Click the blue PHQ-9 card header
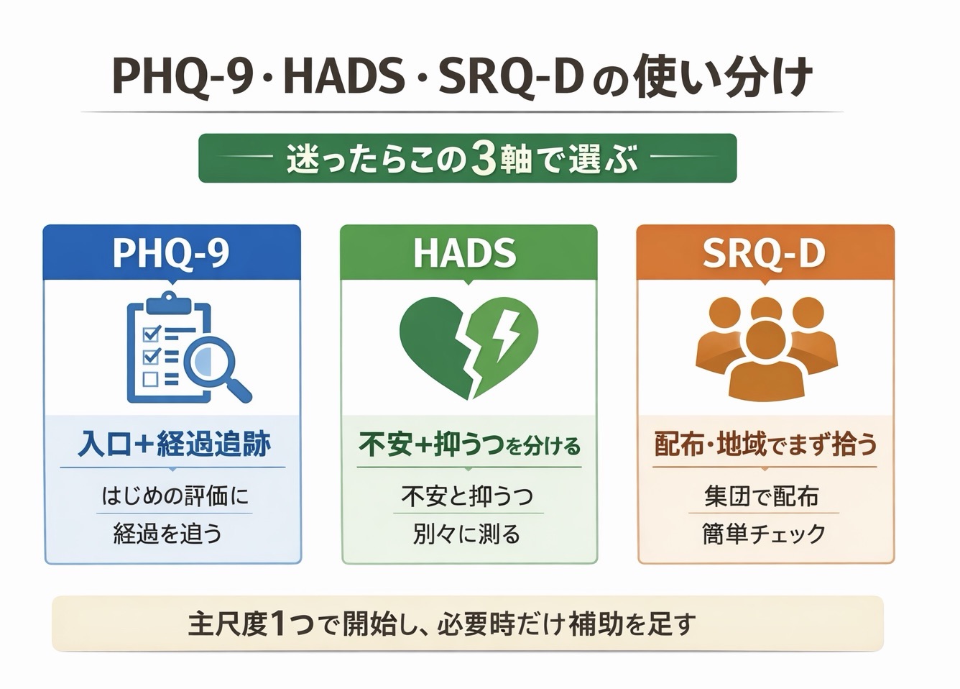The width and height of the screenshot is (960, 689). coord(172,252)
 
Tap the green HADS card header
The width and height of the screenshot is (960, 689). coord(469,252)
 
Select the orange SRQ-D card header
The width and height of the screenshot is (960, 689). coord(765,252)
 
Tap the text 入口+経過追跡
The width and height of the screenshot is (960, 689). coord(174,444)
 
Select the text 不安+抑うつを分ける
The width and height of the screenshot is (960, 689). coord(469,445)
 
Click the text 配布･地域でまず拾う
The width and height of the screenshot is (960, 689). coord(766,444)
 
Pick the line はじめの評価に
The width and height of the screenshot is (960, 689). coord(175,496)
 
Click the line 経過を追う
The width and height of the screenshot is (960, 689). coord(167,534)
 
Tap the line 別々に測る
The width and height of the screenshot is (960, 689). coord(466,534)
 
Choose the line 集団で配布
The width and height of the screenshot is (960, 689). coord(761,496)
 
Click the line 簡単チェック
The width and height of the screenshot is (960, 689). coord(764,534)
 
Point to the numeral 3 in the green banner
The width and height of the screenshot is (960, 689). coord(484,159)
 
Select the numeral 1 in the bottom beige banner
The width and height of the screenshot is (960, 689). coord(280,624)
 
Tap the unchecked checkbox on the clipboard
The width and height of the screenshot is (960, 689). coord(151,378)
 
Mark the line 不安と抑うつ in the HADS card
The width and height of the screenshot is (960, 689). coord(467,496)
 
